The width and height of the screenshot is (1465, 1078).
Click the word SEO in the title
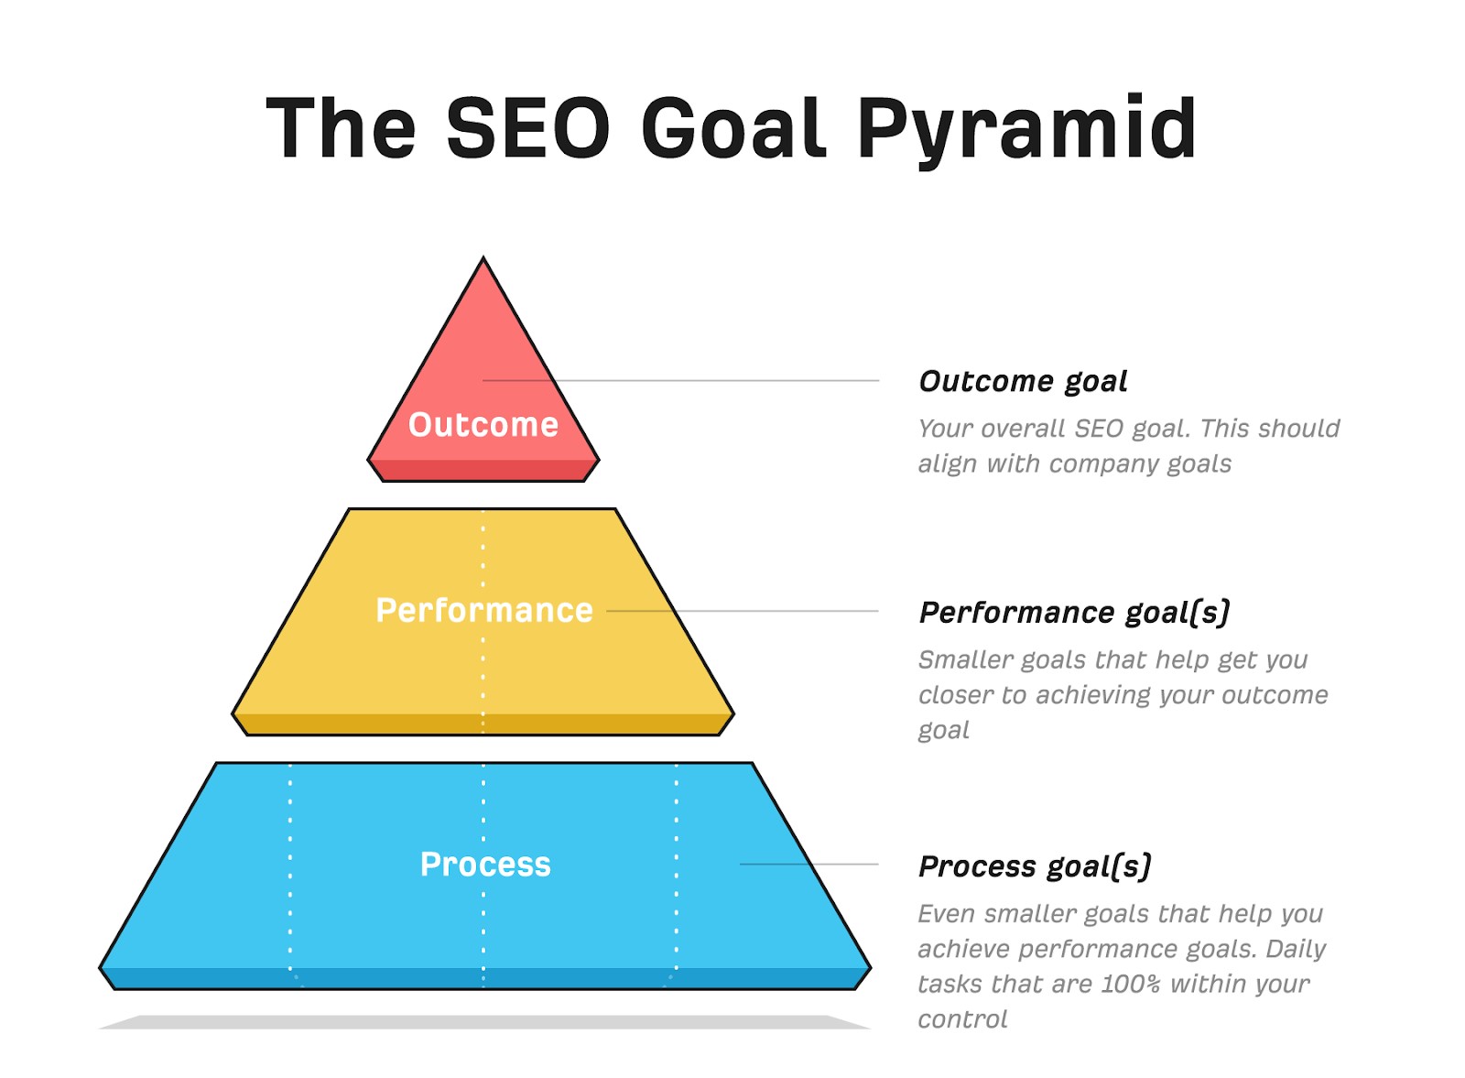point(527,127)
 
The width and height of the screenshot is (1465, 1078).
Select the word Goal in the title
point(733,127)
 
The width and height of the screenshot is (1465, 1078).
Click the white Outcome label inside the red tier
point(483,425)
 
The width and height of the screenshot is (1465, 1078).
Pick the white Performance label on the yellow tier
point(484,610)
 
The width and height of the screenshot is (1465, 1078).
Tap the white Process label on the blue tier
point(485,864)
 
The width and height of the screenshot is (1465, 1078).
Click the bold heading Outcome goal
point(1023,382)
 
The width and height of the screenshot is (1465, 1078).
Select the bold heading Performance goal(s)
point(1074,613)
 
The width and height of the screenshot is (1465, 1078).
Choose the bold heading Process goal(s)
point(1035,866)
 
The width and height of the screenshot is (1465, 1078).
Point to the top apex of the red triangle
point(483,257)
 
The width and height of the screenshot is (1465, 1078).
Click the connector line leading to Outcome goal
point(681,380)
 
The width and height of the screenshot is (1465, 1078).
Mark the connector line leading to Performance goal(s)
point(743,611)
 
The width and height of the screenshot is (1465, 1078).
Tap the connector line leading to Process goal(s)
point(809,864)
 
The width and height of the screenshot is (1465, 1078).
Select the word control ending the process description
point(962,1019)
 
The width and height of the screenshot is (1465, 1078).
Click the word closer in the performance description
point(955,694)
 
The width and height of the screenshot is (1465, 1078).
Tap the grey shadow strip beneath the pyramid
point(484,1022)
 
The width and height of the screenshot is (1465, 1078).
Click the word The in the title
point(341,127)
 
